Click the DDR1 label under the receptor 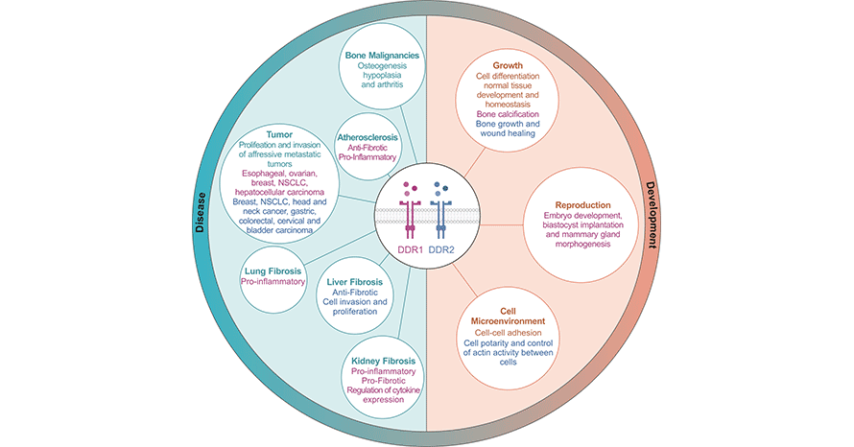click(x=409, y=251)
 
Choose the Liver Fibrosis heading click(x=353, y=282)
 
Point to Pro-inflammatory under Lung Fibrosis click(x=273, y=283)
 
